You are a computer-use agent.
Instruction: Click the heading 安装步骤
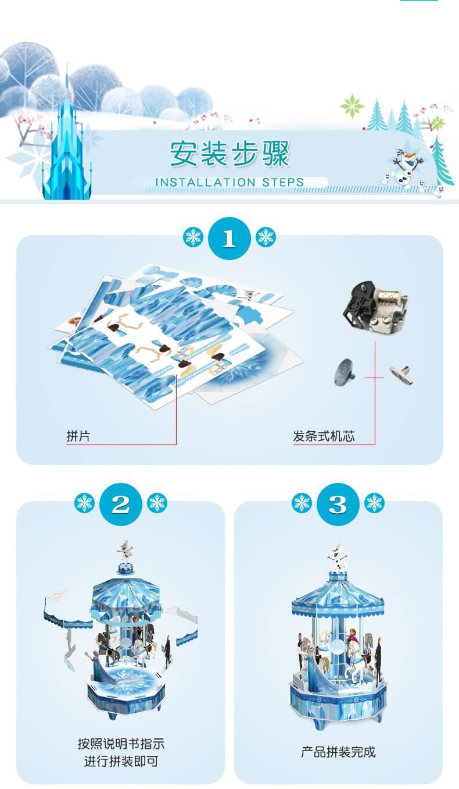(x=229, y=154)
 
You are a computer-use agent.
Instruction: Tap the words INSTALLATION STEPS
(x=229, y=182)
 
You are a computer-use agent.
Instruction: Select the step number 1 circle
(x=229, y=238)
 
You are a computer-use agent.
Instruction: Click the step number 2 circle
(x=121, y=504)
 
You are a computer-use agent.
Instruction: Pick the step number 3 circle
(x=338, y=504)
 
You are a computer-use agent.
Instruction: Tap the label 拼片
(x=78, y=436)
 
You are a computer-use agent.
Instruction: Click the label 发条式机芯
(x=324, y=436)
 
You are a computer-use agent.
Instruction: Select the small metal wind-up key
(x=401, y=375)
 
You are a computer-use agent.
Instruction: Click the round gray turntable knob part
(x=345, y=372)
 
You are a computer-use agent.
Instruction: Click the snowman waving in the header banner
(x=408, y=166)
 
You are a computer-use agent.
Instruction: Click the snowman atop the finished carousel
(x=338, y=556)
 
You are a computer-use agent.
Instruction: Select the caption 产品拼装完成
(x=338, y=752)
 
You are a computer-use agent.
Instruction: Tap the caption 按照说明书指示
(x=121, y=744)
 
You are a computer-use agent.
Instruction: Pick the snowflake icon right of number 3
(x=374, y=503)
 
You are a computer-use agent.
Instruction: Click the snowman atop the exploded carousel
(x=125, y=550)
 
